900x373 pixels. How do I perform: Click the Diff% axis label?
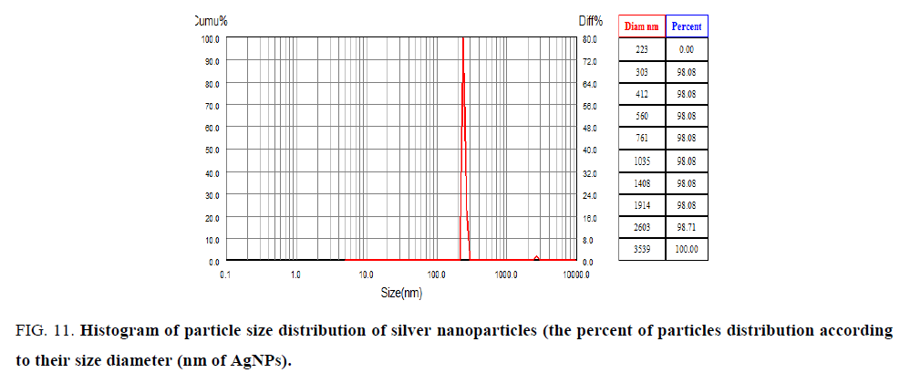[588, 20]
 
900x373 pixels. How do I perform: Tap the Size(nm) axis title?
[401, 293]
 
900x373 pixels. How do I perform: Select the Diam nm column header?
[641, 27]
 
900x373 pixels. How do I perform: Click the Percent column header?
[687, 27]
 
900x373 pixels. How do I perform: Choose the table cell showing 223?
[642, 50]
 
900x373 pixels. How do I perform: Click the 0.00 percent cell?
[687, 50]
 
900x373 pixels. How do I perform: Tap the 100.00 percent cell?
[687, 249]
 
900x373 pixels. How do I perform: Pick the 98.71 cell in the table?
[687, 227]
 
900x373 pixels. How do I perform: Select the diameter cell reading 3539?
[642, 249]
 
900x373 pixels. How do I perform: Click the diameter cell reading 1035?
[642, 161]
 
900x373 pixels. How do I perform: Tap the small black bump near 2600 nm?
[536, 258]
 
